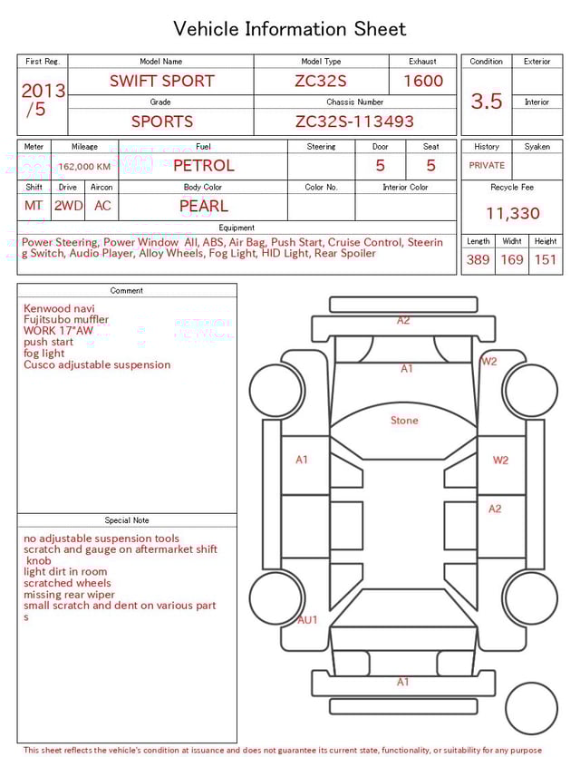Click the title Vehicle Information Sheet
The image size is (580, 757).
point(290,29)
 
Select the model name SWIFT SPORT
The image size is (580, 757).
point(161,81)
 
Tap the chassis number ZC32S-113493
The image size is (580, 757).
point(354,121)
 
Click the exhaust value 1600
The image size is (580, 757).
point(423,81)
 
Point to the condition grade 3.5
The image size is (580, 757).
point(487,101)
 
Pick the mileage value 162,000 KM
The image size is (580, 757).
point(84,167)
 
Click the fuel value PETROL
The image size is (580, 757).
point(203,166)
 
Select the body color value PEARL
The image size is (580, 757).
point(203,206)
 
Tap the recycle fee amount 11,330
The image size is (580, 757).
point(512,213)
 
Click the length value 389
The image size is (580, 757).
point(478,259)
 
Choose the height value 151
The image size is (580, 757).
point(545,259)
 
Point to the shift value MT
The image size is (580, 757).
point(34,206)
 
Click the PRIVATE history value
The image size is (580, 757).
point(487,166)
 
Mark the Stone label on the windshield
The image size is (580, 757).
point(404,421)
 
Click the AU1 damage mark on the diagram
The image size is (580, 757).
point(308,620)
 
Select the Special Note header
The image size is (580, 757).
point(127,520)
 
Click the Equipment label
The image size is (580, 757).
point(237,228)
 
